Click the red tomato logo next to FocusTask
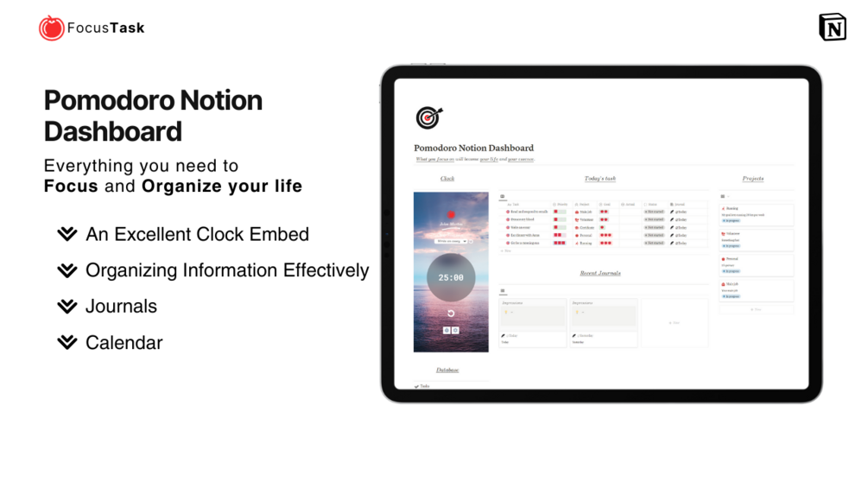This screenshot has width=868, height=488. [51, 29]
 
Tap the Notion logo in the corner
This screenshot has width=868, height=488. [832, 28]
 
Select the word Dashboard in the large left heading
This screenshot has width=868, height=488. [112, 131]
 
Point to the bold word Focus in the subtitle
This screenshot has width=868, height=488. [71, 186]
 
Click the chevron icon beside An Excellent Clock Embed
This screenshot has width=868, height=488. [67, 234]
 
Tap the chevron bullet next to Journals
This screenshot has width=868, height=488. [67, 307]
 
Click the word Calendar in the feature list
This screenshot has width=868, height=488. [124, 343]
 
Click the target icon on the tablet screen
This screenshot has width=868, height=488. [428, 117]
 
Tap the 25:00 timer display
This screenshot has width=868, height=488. [451, 278]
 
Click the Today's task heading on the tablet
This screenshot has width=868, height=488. [599, 179]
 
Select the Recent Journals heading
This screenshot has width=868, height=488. [599, 273]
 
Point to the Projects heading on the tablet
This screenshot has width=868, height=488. [752, 179]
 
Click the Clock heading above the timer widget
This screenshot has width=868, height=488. [447, 179]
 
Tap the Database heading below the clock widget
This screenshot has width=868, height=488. [447, 370]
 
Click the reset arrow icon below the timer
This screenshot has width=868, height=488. [451, 313]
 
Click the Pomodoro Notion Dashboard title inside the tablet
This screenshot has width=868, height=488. [473, 148]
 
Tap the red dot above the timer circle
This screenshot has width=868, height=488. [451, 214]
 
